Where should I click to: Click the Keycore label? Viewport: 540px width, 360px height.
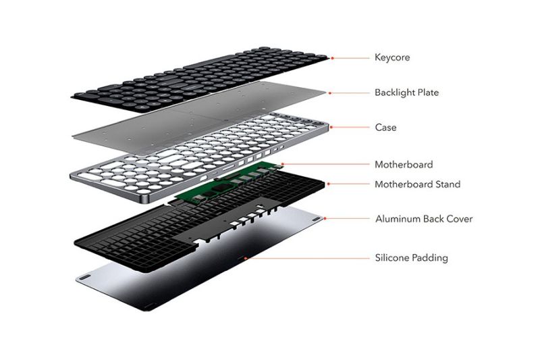point(392,57)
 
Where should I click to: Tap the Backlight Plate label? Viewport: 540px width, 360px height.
point(407,93)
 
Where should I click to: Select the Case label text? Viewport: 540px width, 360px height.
point(385,128)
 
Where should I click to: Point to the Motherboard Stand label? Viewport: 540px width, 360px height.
point(417,184)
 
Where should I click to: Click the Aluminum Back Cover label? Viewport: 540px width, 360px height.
point(424,219)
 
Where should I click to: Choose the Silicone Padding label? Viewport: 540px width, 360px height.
point(412,258)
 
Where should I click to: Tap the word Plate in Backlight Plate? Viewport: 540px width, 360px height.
point(428,93)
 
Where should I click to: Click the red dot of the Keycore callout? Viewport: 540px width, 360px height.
point(332,58)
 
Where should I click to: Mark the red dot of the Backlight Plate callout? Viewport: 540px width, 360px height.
point(329,93)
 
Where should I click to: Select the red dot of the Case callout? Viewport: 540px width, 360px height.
point(331,127)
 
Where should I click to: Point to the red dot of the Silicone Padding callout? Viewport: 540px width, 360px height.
point(245,258)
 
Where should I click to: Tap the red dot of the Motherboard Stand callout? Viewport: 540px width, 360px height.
point(328,184)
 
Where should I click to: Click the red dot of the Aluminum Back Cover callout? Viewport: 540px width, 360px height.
point(325,218)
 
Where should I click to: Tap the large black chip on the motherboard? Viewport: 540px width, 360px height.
point(220,188)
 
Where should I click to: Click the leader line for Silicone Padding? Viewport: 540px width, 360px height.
point(308,258)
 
